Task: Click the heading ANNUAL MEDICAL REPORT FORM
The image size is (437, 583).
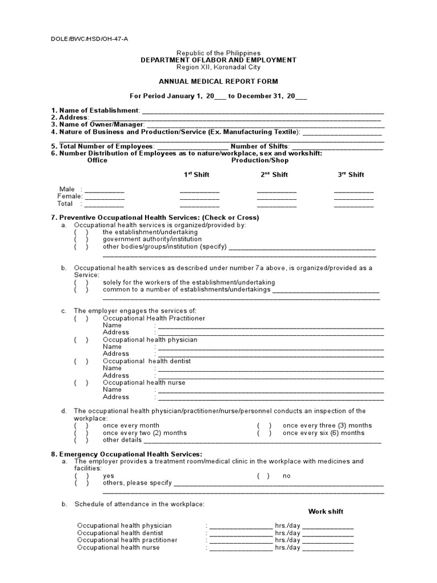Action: click(x=218, y=81)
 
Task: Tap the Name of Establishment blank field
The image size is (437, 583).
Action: click(x=262, y=110)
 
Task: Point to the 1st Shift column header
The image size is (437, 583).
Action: click(x=196, y=175)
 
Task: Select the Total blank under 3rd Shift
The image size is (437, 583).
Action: click(x=353, y=204)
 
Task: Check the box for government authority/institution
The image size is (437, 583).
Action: click(x=81, y=240)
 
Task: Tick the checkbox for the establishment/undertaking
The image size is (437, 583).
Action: click(x=81, y=232)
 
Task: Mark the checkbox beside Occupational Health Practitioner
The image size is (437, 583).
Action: click(x=81, y=318)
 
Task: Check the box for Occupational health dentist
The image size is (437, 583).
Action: click(x=81, y=362)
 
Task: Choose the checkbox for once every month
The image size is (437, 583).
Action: click(x=81, y=425)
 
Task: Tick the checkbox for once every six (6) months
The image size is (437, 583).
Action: click(x=263, y=433)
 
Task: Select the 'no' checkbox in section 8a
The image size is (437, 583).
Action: click(x=263, y=476)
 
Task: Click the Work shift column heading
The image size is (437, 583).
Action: click(x=326, y=511)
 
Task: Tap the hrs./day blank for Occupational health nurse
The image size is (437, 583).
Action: click(x=241, y=548)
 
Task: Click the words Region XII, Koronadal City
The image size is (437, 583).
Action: click(x=218, y=67)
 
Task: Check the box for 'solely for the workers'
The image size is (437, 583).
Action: click(x=81, y=282)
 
